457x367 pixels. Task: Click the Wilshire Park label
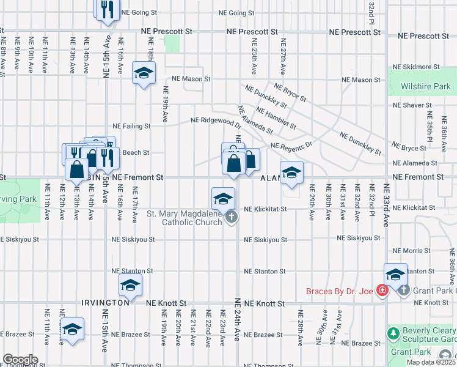(x=426, y=87)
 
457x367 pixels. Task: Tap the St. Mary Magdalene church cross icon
(x=231, y=217)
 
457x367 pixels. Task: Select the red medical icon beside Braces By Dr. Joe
(x=382, y=290)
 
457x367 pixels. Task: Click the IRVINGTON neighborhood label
(x=106, y=303)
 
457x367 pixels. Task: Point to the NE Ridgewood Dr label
(x=215, y=120)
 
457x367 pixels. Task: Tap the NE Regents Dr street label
(x=291, y=146)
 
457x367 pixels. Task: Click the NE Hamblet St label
(x=276, y=119)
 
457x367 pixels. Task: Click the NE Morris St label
(x=412, y=251)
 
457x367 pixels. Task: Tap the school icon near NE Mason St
(x=144, y=74)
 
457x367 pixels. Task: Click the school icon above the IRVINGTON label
(x=130, y=286)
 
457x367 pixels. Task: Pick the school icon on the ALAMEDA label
(x=291, y=173)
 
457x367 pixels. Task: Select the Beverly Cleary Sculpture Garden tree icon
(x=392, y=334)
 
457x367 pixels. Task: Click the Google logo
(x=20, y=359)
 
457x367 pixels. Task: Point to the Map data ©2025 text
(x=430, y=362)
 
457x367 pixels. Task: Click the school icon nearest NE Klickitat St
(x=223, y=198)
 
